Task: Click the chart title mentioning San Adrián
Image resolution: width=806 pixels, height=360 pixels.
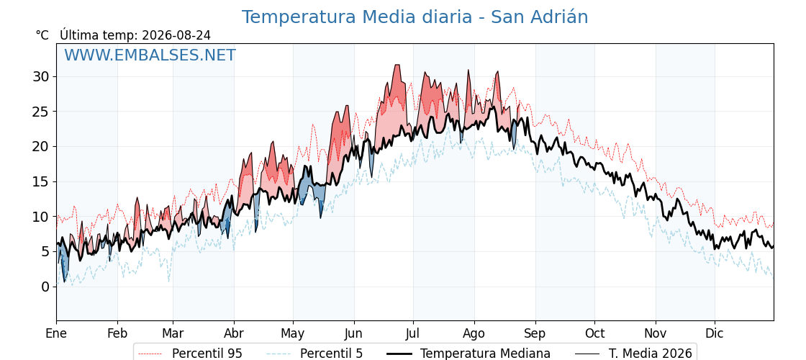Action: tap(415, 17)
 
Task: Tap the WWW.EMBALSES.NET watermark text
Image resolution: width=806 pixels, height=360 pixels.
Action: tap(150, 55)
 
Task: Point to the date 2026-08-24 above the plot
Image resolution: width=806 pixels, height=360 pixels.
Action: tap(176, 35)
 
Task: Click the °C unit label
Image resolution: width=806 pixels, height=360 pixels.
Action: tap(42, 35)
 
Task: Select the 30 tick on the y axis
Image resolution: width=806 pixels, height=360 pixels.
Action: tap(42, 76)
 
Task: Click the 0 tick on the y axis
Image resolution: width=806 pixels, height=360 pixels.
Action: tap(46, 287)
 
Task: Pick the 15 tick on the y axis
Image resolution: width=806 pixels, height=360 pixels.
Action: tap(42, 181)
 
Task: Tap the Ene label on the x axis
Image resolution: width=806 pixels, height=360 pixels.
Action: tap(56, 333)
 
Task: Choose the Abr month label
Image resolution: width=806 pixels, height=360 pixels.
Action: tap(234, 333)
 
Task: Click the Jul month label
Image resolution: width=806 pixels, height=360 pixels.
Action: tap(413, 333)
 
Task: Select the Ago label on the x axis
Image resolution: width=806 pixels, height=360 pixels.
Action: tap(474, 334)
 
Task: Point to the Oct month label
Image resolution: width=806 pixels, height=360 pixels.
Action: tap(594, 333)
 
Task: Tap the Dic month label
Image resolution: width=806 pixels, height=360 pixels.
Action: tap(715, 333)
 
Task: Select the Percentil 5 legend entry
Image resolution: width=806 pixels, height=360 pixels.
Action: tap(314, 354)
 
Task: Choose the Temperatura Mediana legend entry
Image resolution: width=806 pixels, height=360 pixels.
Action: tap(467, 354)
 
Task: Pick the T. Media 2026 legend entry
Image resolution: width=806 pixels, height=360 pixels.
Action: tap(633, 354)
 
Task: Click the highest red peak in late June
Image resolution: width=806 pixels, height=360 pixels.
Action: tap(397, 65)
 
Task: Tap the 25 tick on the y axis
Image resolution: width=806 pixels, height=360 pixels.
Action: tap(42, 112)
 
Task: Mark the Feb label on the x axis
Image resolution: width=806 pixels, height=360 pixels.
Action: tap(117, 333)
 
